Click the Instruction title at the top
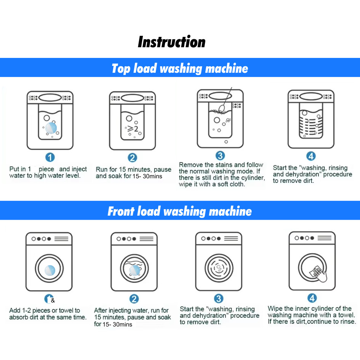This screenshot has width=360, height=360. tap(171, 42)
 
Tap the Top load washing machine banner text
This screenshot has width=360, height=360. tap(180, 69)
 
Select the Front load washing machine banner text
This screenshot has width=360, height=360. tap(180, 211)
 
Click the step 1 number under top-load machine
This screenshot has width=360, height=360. tap(50, 157)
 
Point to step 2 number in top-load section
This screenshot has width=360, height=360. tap(133, 158)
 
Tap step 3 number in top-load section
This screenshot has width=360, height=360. tap(220, 156)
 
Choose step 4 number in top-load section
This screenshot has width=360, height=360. tap(311, 156)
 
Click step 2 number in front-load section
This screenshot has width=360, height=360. tap(134, 299)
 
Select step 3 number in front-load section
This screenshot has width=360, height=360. tap(219, 298)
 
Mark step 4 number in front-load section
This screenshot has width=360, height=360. tap(312, 298)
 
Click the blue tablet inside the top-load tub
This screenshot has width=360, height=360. tap(51, 128)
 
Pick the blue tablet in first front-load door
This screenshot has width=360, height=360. tap(50, 270)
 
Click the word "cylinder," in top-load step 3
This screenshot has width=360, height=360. tap(253, 178)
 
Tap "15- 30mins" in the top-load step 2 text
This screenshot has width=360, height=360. tap(147, 176)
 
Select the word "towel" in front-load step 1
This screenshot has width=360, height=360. tap(66, 310)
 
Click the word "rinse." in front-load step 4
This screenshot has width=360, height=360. tap(348, 322)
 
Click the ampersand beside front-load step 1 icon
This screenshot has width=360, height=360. tap(53, 300)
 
